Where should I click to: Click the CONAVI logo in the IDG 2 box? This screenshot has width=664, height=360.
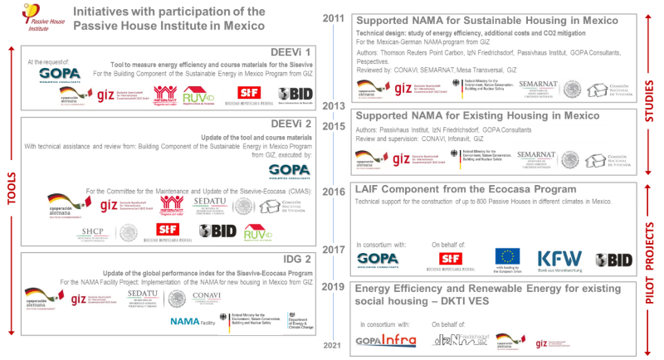click(206, 295)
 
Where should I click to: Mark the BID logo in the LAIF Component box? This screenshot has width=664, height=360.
click(615, 260)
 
